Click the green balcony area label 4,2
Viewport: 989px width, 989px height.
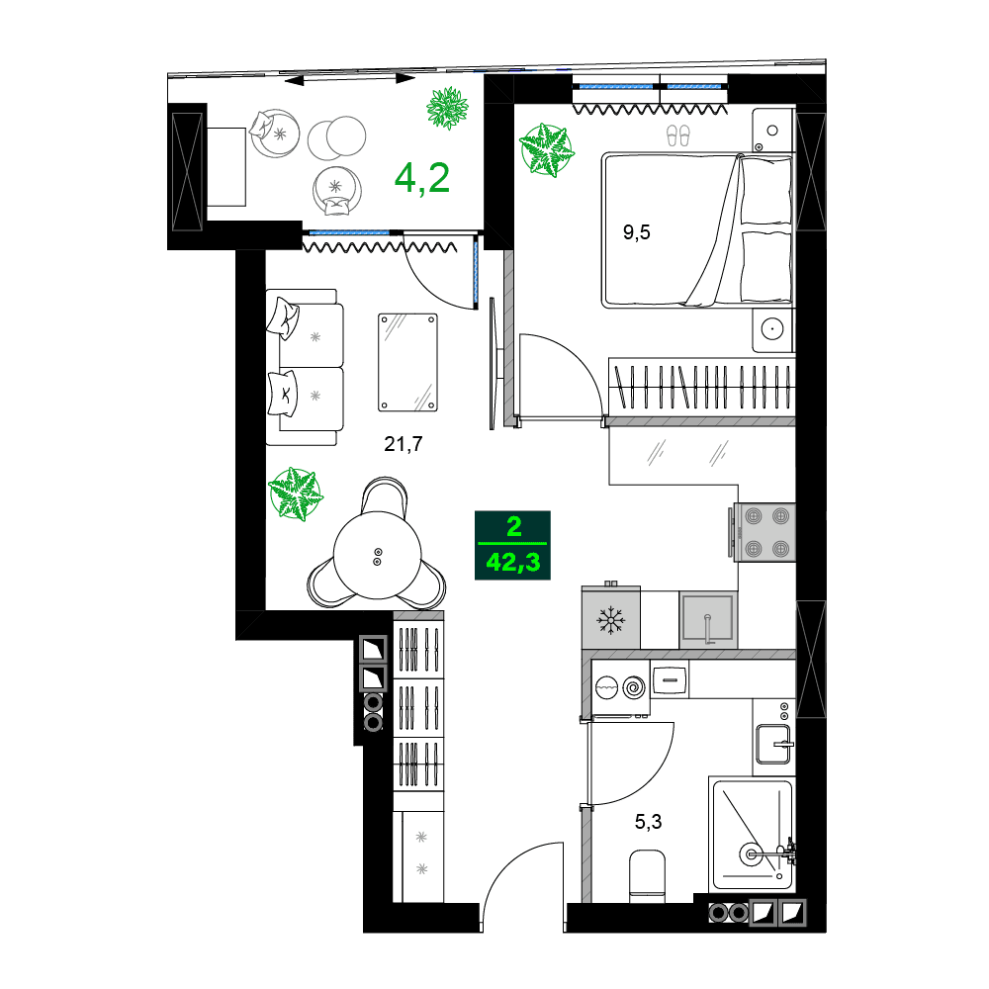[422, 177]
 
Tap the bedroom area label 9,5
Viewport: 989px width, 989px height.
[637, 233]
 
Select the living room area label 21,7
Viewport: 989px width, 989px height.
[404, 445]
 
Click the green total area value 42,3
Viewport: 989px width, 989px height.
[512, 564]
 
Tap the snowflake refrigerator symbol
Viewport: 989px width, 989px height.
[610, 621]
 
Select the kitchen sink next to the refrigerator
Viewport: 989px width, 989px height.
[708, 619]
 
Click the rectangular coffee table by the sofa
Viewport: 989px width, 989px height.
[408, 361]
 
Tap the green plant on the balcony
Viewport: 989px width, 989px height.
[448, 108]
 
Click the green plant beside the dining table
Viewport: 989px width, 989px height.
[296, 494]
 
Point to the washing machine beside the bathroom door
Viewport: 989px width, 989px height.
[621, 685]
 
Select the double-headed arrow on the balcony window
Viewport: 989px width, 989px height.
[347, 77]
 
